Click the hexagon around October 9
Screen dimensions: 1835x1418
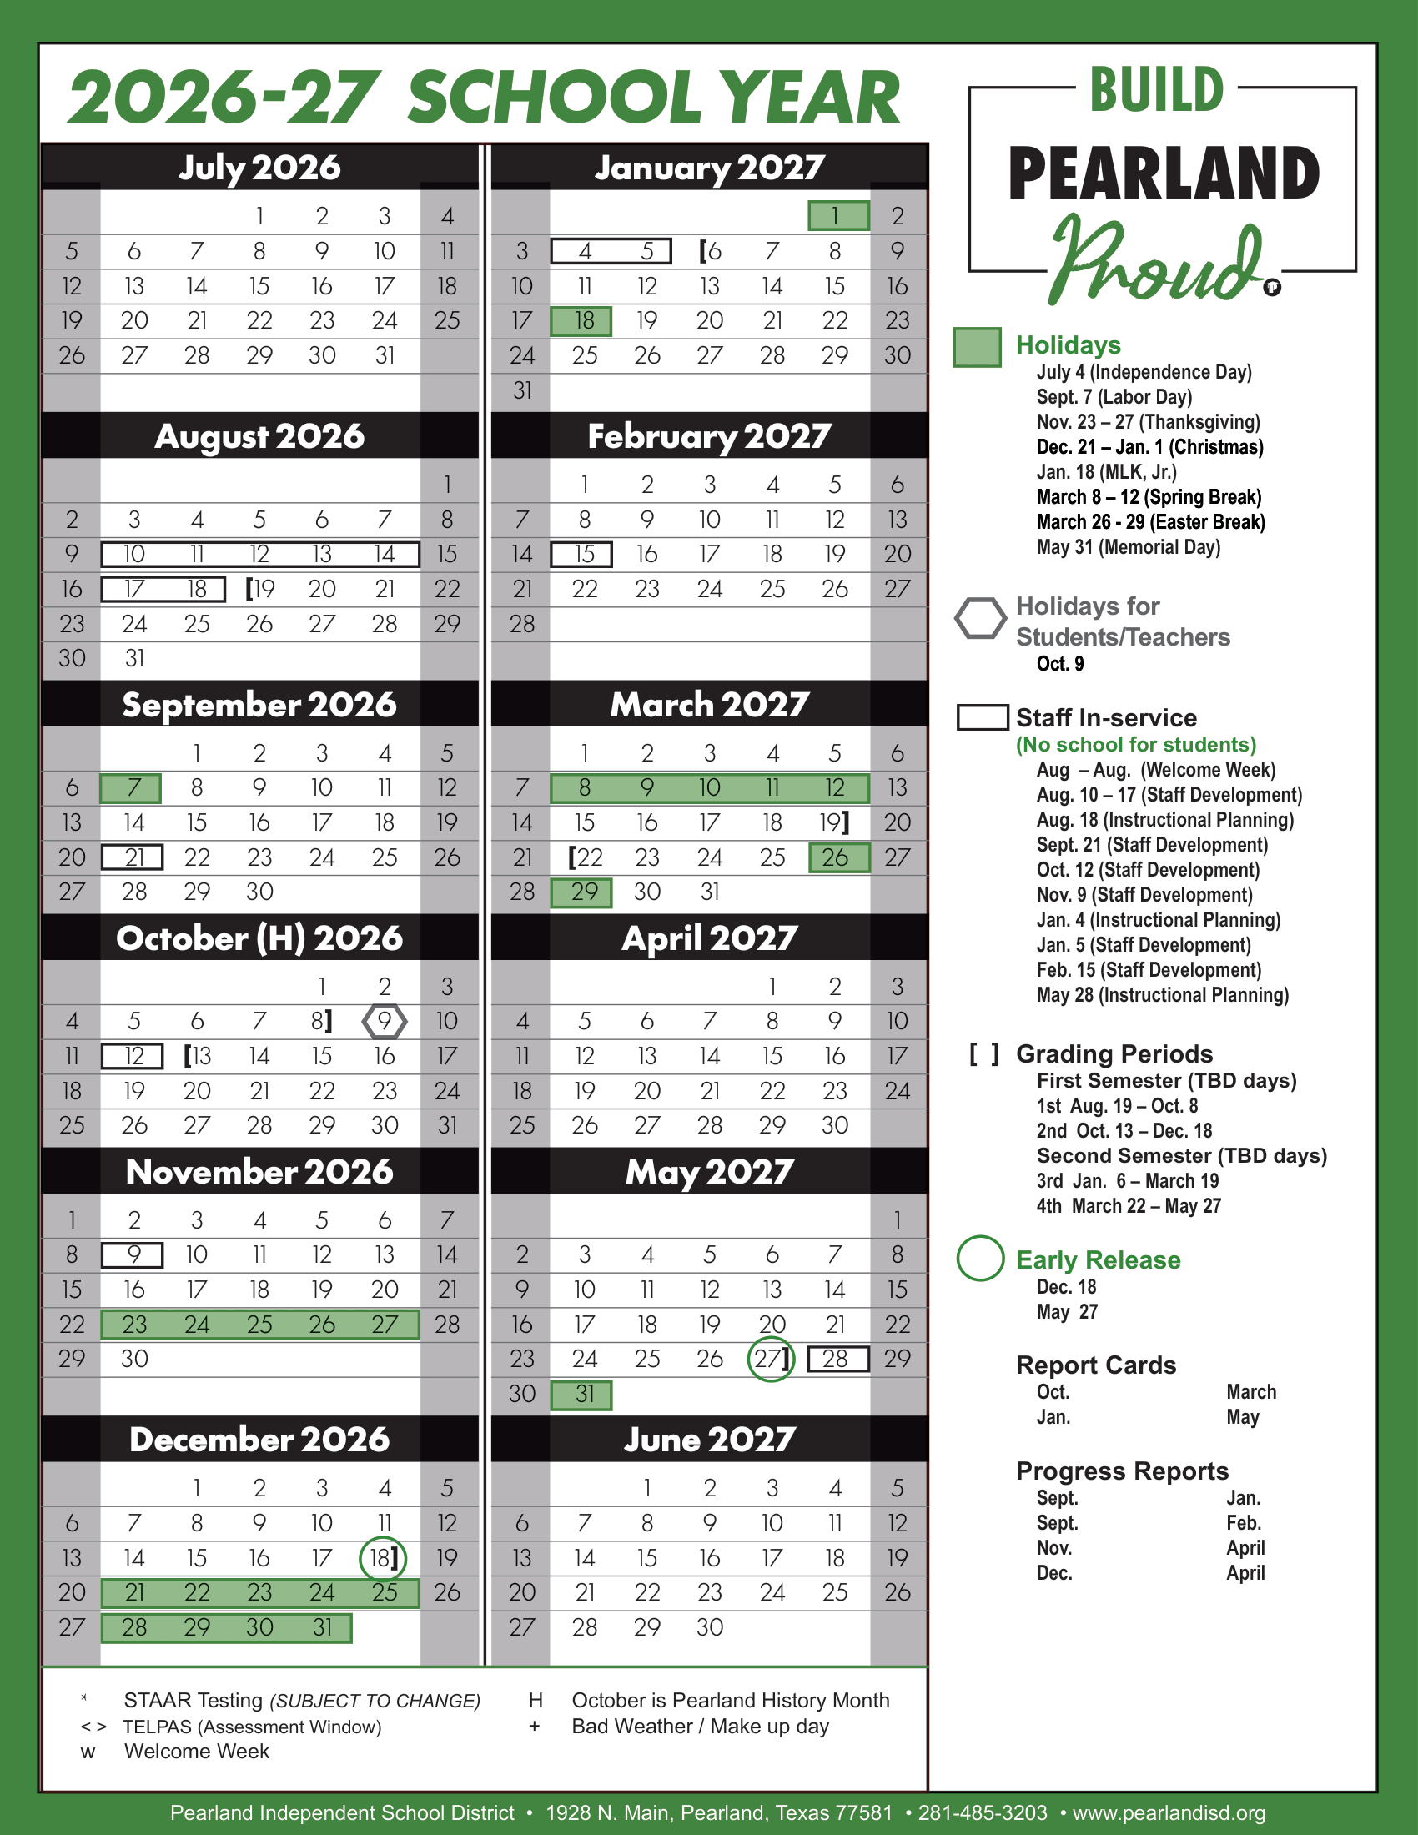click(x=384, y=1021)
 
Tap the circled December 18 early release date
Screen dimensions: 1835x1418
click(x=383, y=1558)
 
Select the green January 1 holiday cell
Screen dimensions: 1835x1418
click(x=837, y=216)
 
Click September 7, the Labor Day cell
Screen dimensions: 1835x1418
click(x=131, y=788)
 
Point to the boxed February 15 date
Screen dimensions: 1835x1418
click(x=581, y=555)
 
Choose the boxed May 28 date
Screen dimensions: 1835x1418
click(x=837, y=1359)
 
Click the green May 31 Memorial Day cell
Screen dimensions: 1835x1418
click(x=581, y=1395)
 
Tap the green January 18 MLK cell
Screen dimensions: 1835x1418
click(x=581, y=321)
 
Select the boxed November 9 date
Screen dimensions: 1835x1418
click(x=132, y=1254)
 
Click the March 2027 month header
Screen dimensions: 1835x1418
click(x=709, y=705)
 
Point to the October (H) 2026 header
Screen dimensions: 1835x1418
click(x=259, y=938)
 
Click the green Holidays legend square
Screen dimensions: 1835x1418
click(x=977, y=347)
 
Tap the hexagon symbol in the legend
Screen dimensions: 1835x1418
click(x=980, y=618)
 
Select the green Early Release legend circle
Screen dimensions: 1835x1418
click(x=980, y=1259)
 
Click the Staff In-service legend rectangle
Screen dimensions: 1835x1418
click(x=983, y=717)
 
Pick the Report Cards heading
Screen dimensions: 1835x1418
click(x=1095, y=1365)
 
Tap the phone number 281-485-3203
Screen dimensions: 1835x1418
click(x=982, y=1812)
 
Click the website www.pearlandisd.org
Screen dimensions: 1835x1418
click(x=1169, y=1812)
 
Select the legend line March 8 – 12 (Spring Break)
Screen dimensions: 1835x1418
click(x=1149, y=497)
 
